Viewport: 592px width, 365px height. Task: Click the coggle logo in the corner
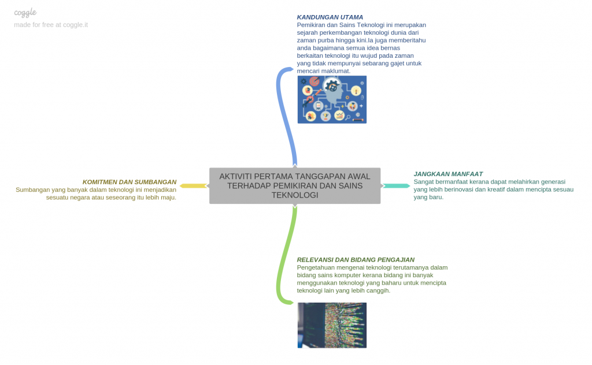click(x=25, y=13)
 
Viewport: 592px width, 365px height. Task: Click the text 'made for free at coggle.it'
click(x=51, y=25)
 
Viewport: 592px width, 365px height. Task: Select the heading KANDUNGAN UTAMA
click(x=330, y=17)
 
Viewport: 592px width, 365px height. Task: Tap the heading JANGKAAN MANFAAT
click(x=448, y=174)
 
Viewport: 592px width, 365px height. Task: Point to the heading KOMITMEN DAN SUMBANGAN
click(x=129, y=182)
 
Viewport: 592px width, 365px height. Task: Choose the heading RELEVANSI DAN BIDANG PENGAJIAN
click(x=356, y=260)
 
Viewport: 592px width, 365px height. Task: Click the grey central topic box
click(x=295, y=186)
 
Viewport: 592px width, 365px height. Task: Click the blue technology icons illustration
click(x=332, y=99)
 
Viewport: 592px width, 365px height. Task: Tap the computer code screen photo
click(x=332, y=325)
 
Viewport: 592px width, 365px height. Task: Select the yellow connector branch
click(x=194, y=186)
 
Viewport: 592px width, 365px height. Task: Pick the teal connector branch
click(x=396, y=186)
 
